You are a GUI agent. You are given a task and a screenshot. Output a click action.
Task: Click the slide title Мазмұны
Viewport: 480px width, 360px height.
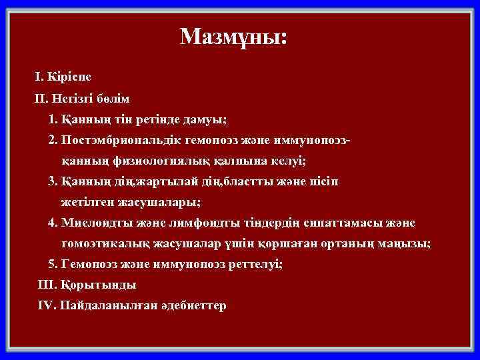coord(234,37)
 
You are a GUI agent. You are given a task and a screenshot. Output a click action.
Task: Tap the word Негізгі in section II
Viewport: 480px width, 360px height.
coord(74,99)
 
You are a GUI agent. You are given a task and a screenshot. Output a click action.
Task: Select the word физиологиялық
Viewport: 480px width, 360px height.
coord(151,161)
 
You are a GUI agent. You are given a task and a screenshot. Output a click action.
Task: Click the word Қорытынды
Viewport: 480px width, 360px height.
coord(98,285)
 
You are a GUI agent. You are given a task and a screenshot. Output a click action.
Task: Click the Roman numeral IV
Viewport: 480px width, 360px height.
coord(47,306)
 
